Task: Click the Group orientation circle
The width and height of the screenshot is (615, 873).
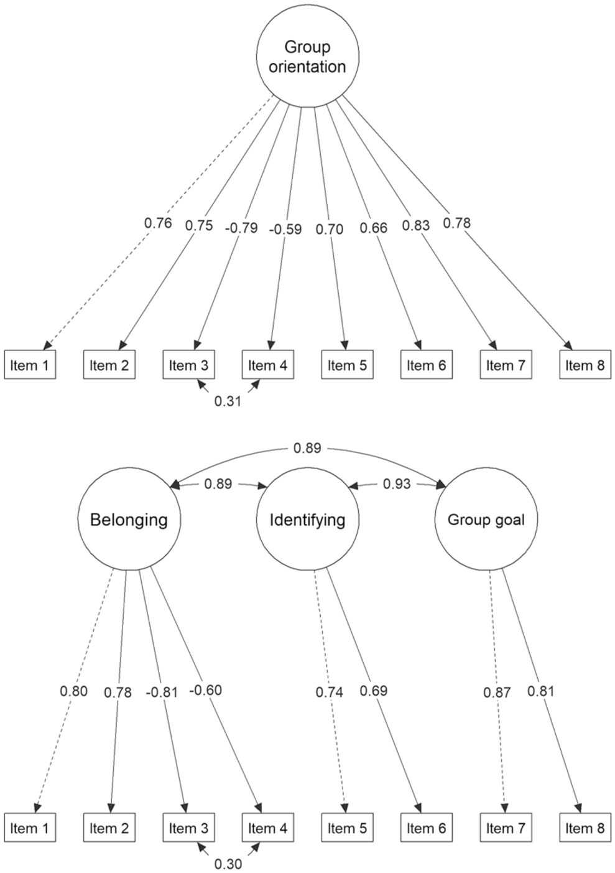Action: pyautogui.click(x=308, y=57)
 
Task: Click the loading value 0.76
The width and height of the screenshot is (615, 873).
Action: pyautogui.click(x=158, y=223)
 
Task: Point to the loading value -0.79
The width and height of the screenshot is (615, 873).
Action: pyautogui.click(x=241, y=228)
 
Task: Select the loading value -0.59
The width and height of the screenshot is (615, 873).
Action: pyautogui.click(x=285, y=229)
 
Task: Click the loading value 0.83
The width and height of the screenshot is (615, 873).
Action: pyautogui.click(x=416, y=225)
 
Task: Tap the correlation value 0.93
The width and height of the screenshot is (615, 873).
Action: pyautogui.click(x=397, y=483)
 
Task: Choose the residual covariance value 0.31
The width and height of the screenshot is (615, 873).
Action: pyautogui.click(x=228, y=401)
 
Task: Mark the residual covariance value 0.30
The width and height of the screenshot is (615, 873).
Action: pyautogui.click(x=228, y=864)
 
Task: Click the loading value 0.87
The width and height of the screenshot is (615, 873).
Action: pyautogui.click(x=497, y=693)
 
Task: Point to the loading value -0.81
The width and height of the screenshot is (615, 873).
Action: pyautogui.click(x=162, y=693)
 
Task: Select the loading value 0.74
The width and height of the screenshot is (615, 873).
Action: pyautogui.click(x=330, y=692)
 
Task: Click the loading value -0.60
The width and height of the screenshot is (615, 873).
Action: pyautogui.click(x=206, y=690)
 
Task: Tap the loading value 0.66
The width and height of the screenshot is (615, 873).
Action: pyautogui.click(x=374, y=228)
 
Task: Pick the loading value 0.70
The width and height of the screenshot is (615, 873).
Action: pyautogui.click(x=330, y=229)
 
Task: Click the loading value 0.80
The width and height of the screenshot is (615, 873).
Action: pyautogui.click(x=73, y=691)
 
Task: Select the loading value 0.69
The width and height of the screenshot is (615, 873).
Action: pyautogui.click(x=374, y=691)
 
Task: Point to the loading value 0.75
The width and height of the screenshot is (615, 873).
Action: pyautogui.click(x=199, y=225)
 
